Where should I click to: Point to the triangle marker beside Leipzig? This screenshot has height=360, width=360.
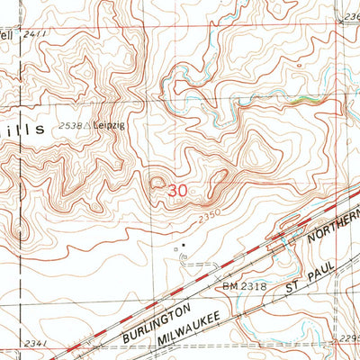pyautogui.click(x=91, y=126)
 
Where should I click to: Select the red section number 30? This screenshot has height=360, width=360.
pyautogui.click(x=177, y=190)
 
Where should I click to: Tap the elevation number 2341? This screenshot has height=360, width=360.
pyautogui.click(x=14, y=343)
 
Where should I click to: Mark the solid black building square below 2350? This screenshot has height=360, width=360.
pyautogui.click(x=184, y=242)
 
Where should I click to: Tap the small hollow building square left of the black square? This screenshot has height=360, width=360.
pyautogui.click(x=175, y=242)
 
